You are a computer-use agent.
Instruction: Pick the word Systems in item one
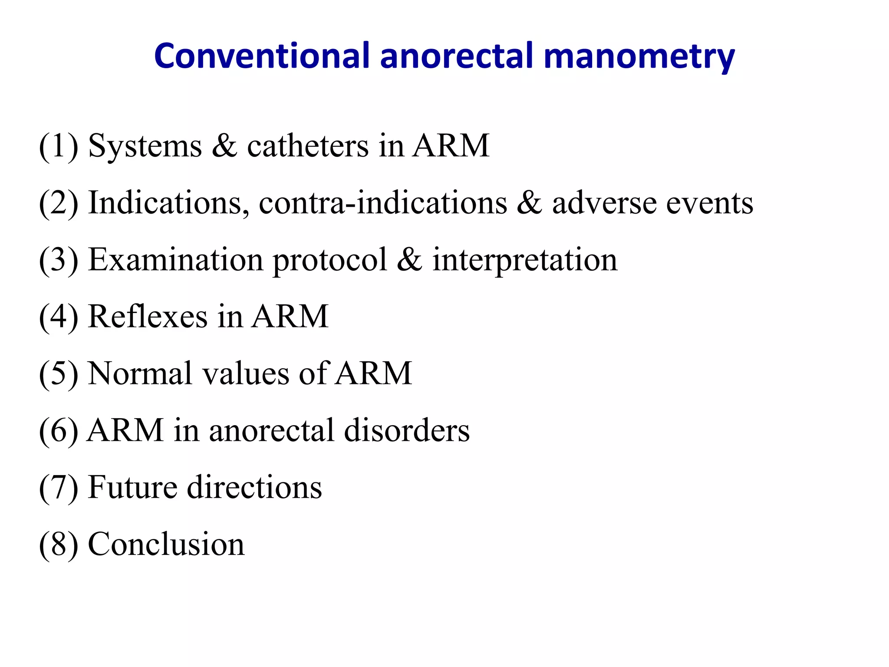click(145, 147)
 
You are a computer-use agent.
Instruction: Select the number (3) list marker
click(59, 260)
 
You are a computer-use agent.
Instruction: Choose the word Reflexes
click(148, 316)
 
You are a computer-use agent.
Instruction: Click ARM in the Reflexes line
click(290, 316)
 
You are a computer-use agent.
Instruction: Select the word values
click(246, 373)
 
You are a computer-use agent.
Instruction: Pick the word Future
click(132, 487)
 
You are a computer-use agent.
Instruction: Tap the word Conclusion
click(166, 544)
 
